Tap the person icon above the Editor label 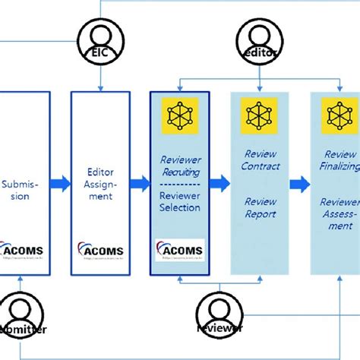[258, 33]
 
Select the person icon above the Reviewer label [219, 309]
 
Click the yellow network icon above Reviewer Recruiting [179, 116]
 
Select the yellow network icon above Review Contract [258, 116]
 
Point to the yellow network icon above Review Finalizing [339, 116]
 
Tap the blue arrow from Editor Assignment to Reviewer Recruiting [139, 183]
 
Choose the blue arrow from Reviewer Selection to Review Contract [219, 183]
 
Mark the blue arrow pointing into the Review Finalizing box [299, 183]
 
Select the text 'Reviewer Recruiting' [179, 166]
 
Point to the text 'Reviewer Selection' [179, 202]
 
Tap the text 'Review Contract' [260, 160]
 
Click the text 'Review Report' [260, 208]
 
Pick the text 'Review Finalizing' [339, 160]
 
